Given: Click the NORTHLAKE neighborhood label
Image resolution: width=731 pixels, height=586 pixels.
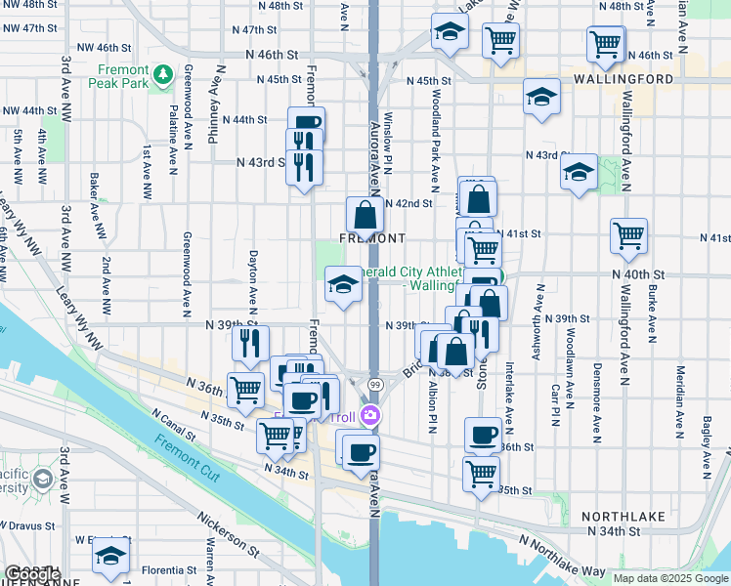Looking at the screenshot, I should (623, 516).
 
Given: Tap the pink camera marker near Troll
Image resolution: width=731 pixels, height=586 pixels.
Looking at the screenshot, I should (369, 417).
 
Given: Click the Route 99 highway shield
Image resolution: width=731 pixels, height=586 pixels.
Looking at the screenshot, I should (375, 386).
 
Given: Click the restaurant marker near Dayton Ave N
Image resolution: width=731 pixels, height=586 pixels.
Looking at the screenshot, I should (250, 342).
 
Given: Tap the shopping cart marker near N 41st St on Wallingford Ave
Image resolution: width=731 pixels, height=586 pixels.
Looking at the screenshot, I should (628, 235).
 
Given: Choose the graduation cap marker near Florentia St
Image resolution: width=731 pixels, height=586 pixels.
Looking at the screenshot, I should (110, 556).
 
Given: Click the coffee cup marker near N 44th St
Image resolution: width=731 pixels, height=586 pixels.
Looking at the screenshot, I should (306, 124).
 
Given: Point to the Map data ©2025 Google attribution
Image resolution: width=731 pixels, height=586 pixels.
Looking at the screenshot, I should (670, 578).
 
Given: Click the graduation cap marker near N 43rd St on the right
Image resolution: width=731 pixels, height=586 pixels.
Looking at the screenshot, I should (580, 172).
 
